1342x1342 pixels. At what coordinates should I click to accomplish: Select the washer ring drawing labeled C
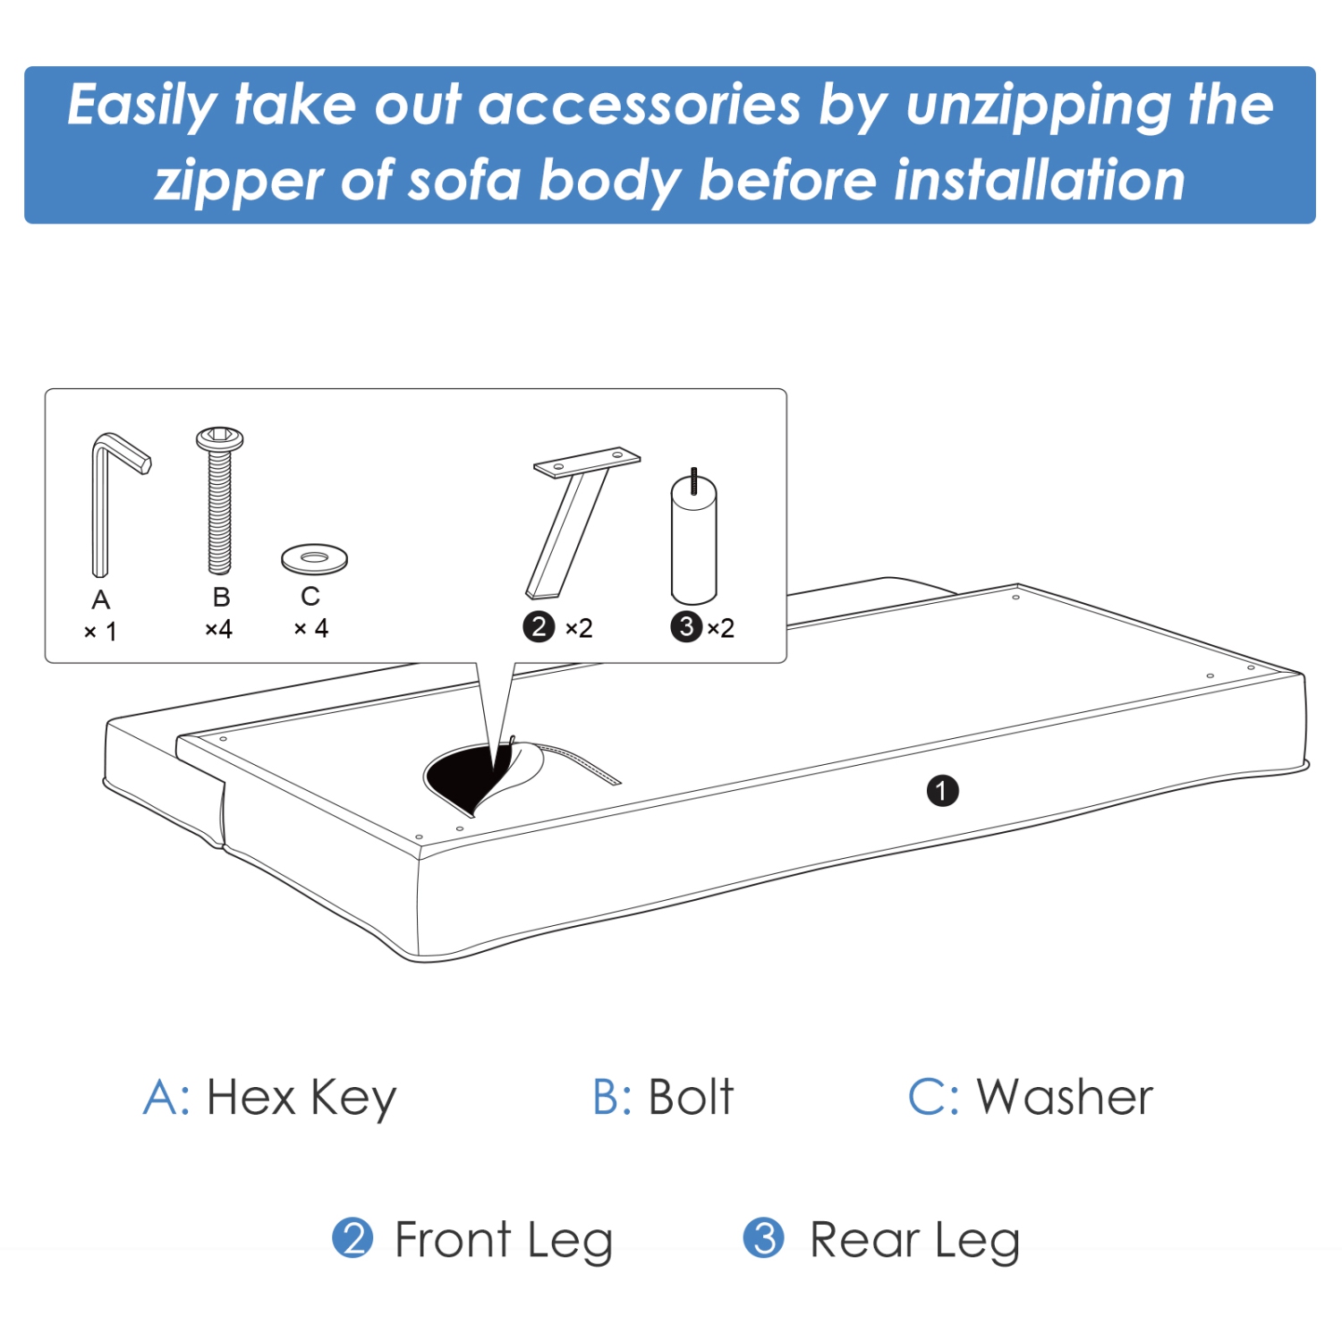tap(314, 559)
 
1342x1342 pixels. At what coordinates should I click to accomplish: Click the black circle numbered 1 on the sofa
tap(942, 791)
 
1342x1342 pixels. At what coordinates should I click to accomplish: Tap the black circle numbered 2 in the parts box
tap(539, 627)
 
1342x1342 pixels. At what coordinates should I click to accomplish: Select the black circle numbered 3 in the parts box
tap(686, 627)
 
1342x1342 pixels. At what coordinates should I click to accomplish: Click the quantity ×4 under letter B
tap(219, 630)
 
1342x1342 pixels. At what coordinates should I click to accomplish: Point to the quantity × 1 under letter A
tap(100, 632)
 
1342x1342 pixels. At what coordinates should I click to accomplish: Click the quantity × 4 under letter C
tap(311, 629)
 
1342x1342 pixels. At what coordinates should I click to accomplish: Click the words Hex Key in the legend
tap(302, 1098)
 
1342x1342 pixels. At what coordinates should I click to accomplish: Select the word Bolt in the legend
tap(691, 1098)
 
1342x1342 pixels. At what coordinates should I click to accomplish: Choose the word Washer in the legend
tap(1065, 1098)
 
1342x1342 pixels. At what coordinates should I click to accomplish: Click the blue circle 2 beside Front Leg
tap(352, 1239)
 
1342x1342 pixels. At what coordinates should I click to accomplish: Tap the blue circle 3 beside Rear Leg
tap(764, 1239)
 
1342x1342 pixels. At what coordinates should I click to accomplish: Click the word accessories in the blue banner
tap(640, 106)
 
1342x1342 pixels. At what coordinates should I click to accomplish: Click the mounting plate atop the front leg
tap(587, 461)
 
